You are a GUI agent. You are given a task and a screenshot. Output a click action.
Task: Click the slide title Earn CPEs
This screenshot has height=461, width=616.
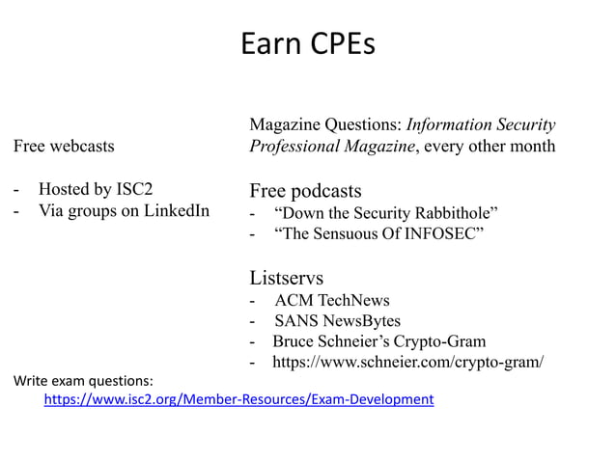(x=307, y=44)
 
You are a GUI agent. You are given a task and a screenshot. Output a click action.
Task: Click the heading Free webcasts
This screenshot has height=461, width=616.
(x=63, y=147)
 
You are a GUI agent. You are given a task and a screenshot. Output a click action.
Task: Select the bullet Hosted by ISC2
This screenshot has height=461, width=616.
(x=95, y=188)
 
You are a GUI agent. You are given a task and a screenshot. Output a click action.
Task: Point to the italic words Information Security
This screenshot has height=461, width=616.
(x=480, y=125)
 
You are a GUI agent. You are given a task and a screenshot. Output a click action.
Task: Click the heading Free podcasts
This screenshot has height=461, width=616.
(x=305, y=189)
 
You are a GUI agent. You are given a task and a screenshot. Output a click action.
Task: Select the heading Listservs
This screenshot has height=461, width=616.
(x=286, y=278)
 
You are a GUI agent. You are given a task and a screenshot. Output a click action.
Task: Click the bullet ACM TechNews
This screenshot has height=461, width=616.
(x=331, y=300)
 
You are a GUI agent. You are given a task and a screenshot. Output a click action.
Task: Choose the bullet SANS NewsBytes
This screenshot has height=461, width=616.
(x=337, y=320)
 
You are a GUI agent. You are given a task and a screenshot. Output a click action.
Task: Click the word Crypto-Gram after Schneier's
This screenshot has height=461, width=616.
(x=447, y=341)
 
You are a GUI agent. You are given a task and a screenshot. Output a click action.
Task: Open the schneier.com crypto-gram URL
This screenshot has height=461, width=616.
(x=407, y=363)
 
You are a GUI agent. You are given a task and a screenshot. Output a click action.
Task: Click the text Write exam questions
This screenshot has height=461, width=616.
(x=83, y=380)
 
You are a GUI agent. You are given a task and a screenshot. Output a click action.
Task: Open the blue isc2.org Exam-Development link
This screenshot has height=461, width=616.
(x=238, y=398)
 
